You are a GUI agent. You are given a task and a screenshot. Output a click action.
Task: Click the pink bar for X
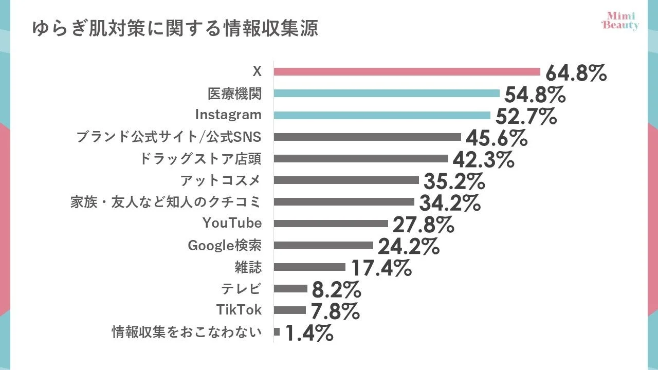(407, 71)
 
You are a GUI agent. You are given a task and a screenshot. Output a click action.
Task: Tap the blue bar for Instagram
(382, 115)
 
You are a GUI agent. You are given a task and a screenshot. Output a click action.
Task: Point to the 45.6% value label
(496, 138)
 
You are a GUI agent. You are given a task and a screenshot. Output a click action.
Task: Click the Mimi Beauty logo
(620, 21)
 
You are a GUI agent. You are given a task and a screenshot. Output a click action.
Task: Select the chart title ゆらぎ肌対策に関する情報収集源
(175, 29)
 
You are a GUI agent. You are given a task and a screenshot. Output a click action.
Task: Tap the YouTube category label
(232, 223)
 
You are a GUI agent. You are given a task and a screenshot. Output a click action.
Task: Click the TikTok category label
(239, 310)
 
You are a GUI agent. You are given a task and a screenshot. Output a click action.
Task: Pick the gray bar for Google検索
(323, 245)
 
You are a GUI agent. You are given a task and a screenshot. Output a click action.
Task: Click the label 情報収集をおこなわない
(187, 332)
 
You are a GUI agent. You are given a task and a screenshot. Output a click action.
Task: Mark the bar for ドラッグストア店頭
(361, 158)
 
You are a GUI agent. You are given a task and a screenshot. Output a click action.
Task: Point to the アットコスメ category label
(221, 180)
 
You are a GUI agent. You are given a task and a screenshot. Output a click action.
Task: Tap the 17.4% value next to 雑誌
(381, 268)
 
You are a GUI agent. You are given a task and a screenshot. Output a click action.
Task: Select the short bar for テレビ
(290, 289)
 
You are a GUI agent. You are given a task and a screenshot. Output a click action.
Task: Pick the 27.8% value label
(423, 225)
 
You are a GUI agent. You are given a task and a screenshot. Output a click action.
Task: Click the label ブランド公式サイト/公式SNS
(169, 137)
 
